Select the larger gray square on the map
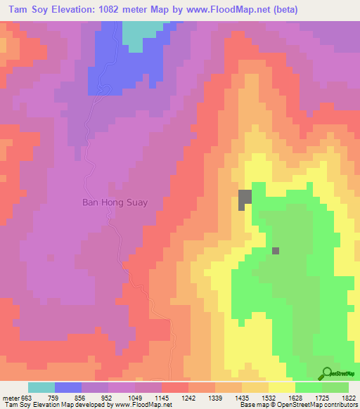[x=245, y=200]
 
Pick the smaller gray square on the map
[x=276, y=250]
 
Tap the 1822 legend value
[x=349, y=397]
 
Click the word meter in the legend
[x=9, y=397]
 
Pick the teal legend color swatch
[x=41, y=387]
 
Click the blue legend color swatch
[x=68, y=387]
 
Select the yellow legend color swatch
[x=282, y=387]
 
